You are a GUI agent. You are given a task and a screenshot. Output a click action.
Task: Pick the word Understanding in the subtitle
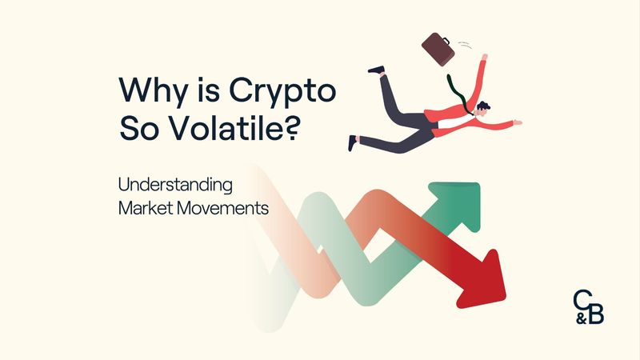(x=175, y=186)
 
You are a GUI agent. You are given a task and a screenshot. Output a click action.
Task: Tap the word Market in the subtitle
(x=143, y=206)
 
